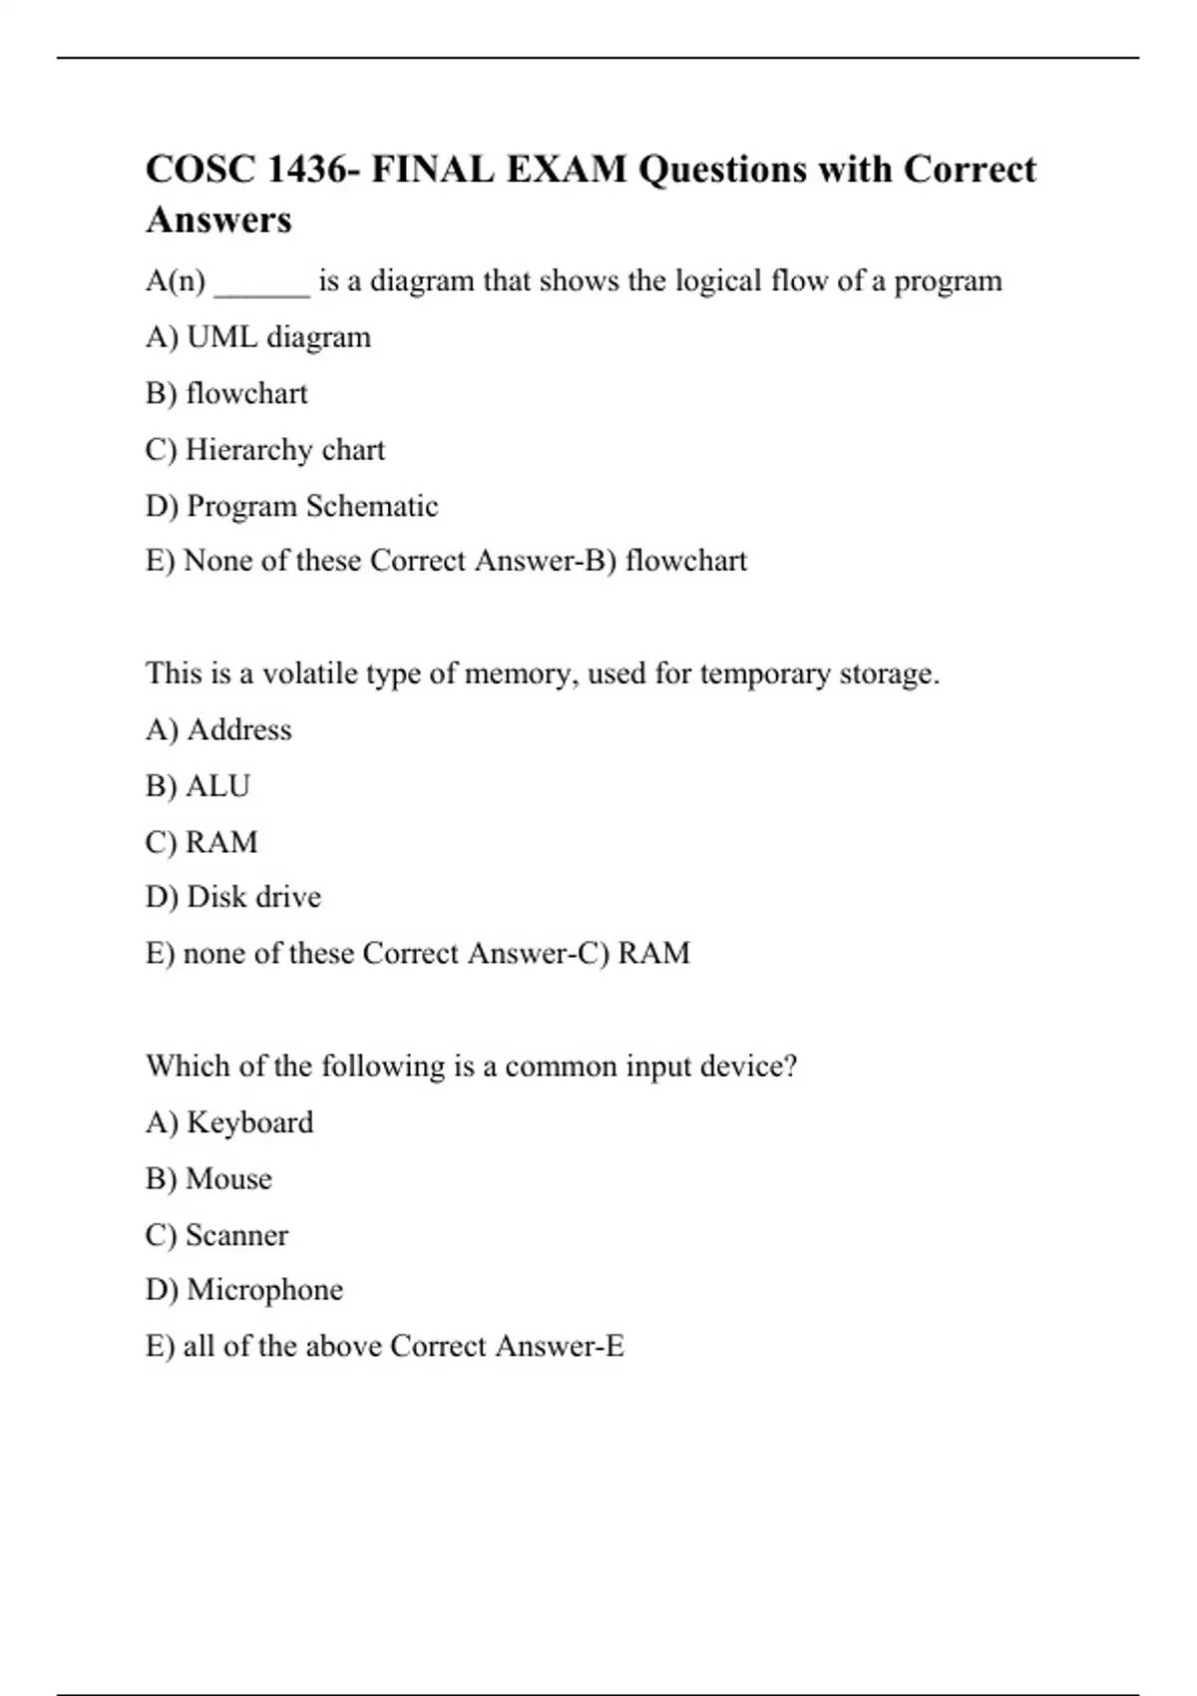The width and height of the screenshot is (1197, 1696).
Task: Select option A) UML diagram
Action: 258,337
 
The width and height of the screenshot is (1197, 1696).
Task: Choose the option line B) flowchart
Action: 226,393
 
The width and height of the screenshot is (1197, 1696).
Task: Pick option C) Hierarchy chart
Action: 264,450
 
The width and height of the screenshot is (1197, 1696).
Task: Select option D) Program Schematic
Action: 291,506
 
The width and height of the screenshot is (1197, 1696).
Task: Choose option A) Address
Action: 218,729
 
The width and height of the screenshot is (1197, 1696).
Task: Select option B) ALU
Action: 198,786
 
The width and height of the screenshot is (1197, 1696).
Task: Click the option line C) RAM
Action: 201,842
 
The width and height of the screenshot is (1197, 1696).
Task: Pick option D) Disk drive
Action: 233,897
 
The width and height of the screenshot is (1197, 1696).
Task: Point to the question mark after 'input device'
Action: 790,1066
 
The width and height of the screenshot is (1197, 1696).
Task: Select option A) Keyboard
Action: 229,1122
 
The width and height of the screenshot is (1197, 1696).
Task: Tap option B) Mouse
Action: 208,1178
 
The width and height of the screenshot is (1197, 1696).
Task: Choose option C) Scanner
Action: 216,1235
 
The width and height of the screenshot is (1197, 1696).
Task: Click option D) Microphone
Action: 244,1290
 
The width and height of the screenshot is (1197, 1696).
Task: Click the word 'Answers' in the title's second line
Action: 218,219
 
